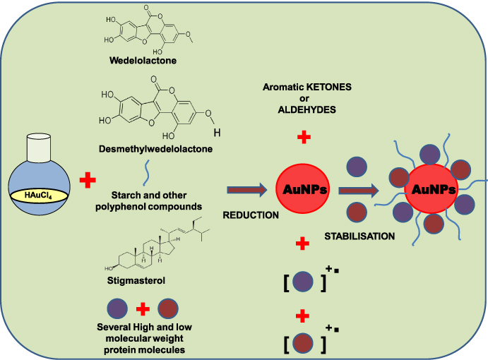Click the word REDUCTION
(252, 215)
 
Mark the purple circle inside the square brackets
(303, 280)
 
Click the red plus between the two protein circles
(143, 308)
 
